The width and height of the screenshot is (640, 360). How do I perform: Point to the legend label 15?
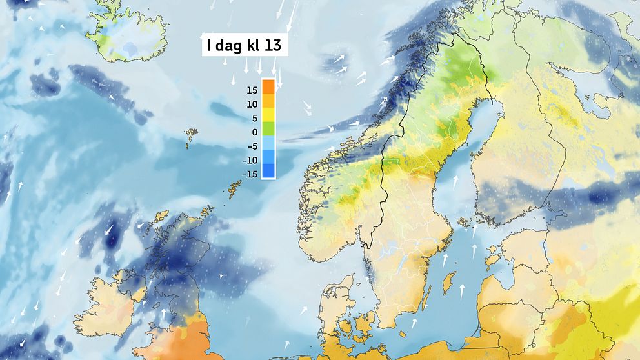pyautogui.click(x=252, y=90)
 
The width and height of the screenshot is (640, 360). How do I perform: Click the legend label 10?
pyautogui.click(x=252, y=105)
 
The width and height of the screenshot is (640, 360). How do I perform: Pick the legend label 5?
pyautogui.click(x=254, y=118)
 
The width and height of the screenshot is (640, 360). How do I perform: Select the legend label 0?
pyautogui.click(x=255, y=132)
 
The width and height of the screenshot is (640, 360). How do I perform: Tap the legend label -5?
pyautogui.click(x=252, y=146)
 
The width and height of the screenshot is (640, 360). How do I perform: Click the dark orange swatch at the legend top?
pyautogui.click(x=268, y=86)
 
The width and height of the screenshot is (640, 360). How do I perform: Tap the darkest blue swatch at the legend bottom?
pyautogui.click(x=268, y=171)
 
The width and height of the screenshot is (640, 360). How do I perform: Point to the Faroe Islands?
pyautogui.click(x=192, y=136)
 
